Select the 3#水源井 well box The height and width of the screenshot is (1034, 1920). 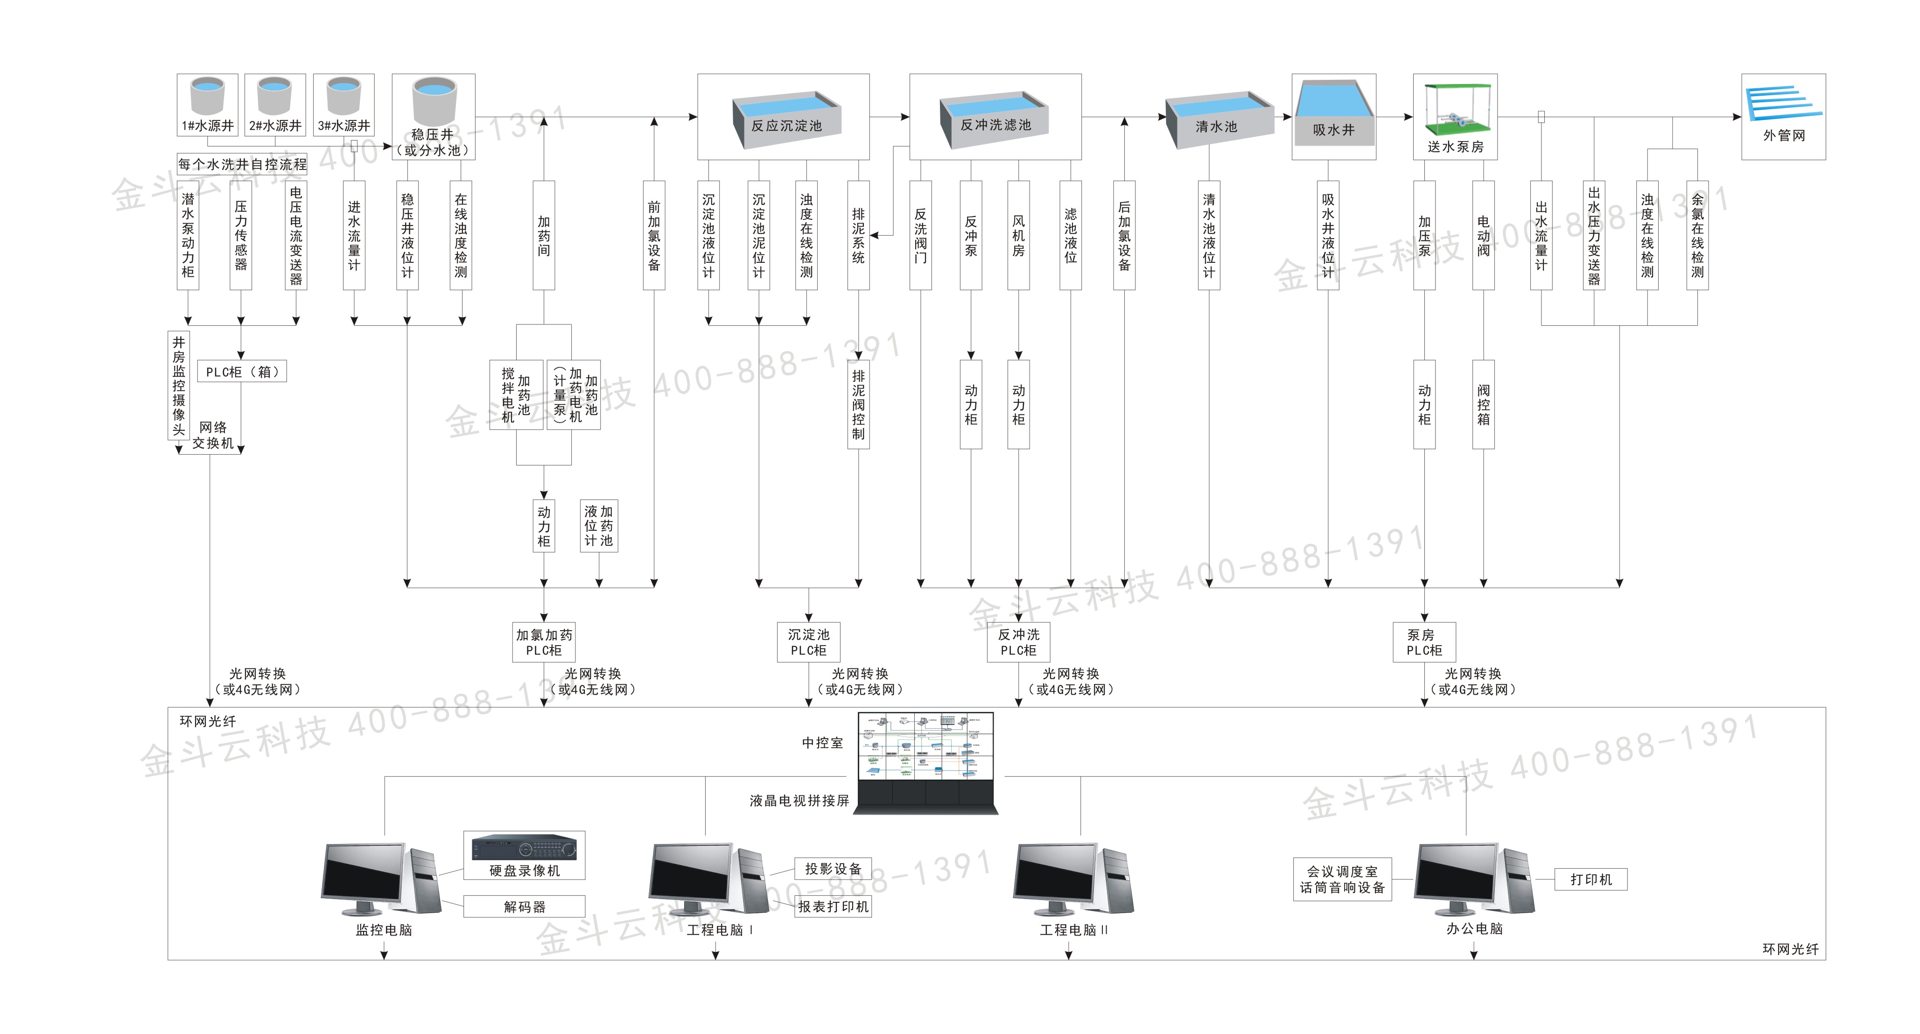343,105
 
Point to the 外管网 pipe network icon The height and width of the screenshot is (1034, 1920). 1783,105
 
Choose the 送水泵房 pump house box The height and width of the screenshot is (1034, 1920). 1455,116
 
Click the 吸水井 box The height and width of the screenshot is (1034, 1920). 1333,116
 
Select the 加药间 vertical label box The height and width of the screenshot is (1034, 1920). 544,235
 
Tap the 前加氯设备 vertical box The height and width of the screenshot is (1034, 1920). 654,235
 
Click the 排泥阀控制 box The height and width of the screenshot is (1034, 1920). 859,404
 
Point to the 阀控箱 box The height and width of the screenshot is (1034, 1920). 1483,404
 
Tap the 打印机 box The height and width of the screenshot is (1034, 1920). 1591,879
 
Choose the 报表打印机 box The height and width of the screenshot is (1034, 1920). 833,907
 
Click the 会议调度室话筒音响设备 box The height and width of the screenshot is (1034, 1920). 1342,879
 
